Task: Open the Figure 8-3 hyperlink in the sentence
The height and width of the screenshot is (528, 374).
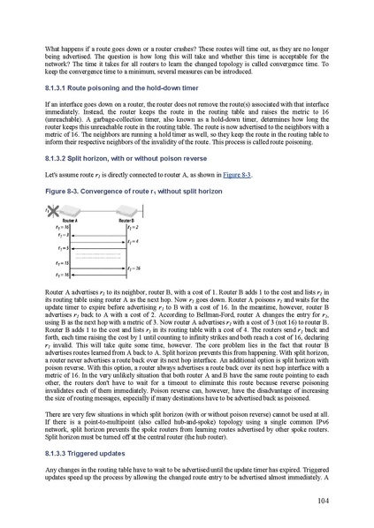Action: (234, 175)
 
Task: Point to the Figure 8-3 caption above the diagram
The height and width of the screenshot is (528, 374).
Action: (125, 190)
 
